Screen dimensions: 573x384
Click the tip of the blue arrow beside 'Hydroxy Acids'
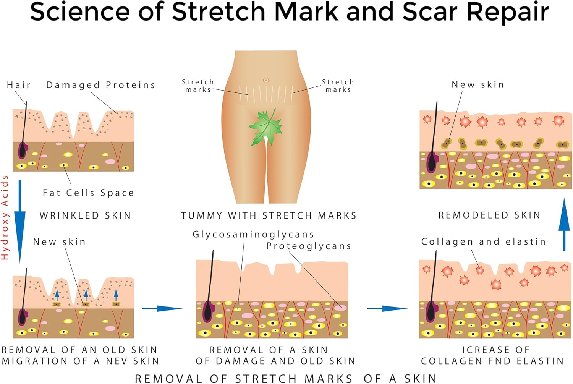coord(20,263)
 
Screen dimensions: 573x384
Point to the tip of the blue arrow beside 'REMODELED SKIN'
coord(564,198)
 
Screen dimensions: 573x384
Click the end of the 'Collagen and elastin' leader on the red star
coord(479,269)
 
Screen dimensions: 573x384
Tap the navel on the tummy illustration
coord(266,80)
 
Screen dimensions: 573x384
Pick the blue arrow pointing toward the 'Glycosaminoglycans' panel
coord(162,308)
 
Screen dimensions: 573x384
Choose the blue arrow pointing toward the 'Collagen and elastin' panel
coord(387,308)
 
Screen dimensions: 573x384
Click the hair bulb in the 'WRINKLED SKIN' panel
coord(23,151)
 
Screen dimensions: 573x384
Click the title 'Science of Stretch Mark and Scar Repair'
coord(289,12)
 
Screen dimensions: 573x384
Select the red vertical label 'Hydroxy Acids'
coord(5,217)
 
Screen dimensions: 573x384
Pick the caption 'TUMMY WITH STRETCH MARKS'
coord(269,215)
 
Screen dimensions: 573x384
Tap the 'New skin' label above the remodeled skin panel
coord(478,84)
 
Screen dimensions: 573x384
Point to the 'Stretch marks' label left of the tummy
coord(198,86)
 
